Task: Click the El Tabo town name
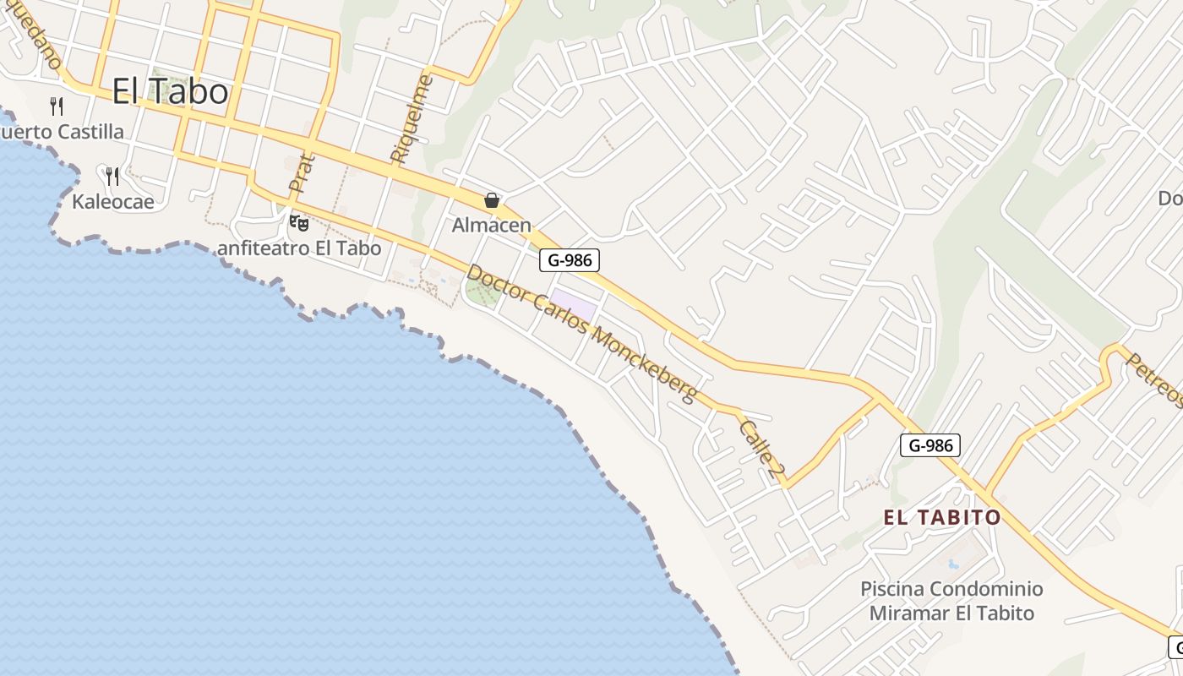tap(170, 92)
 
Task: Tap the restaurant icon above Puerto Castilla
tap(57, 106)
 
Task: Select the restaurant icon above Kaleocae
tap(112, 176)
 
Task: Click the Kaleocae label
tap(113, 202)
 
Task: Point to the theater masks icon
tap(298, 223)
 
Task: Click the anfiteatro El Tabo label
tap(299, 248)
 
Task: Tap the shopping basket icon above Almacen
tap(492, 200)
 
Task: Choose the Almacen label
tap(492, 226)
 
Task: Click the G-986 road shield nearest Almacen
tap(570, 260)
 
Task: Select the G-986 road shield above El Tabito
tap(930, 445)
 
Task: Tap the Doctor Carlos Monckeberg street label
tap(582, 334)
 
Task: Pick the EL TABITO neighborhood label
tap(942, 517)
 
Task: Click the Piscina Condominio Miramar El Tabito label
tap(951, 601)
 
